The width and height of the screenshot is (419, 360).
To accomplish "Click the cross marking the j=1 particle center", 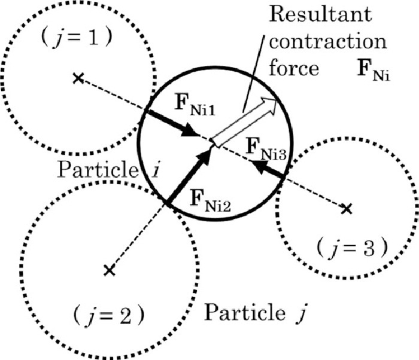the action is click(78, 78).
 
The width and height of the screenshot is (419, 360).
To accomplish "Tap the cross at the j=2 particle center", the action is click(110, 270).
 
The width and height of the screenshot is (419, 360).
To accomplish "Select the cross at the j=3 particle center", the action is click(347, 208).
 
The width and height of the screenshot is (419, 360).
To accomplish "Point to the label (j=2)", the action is click(109, 316).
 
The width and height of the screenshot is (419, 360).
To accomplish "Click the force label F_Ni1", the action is click(195, 105).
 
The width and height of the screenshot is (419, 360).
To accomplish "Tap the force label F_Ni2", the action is click(210, 200).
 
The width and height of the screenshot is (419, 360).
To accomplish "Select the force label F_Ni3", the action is click(266, 149).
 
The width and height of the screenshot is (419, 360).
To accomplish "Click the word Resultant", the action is click(320, 14).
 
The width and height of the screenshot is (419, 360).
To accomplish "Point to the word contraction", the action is click(328, 42).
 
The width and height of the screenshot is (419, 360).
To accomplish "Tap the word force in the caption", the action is click(294, 68).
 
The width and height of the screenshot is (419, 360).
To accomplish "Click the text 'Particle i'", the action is click(108, 169).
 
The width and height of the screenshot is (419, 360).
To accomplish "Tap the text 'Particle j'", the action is click(254, 313).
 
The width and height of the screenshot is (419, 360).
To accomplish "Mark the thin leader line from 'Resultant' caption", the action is click(254, 74).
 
